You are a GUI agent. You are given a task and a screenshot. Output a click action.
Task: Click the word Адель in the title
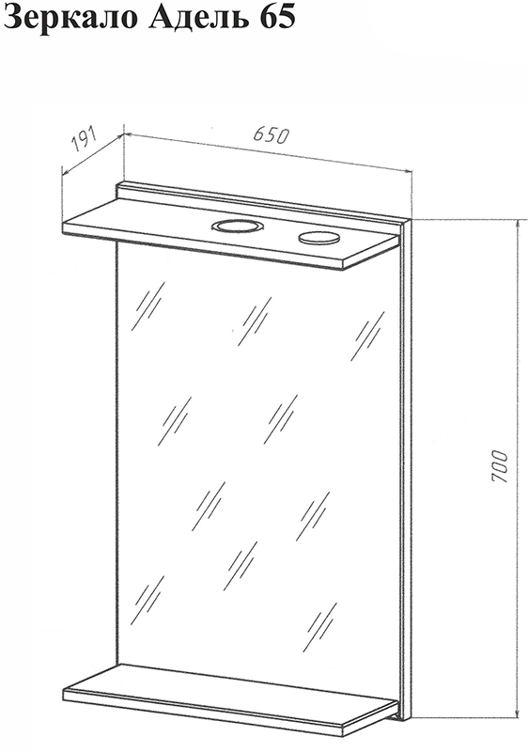tap(197, 18)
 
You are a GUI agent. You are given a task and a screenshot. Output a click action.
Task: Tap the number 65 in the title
tap(276, 17)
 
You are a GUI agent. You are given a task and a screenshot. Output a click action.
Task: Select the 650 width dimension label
tap(272, 135)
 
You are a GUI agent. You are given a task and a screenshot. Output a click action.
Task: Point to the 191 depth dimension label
tap(84, 139)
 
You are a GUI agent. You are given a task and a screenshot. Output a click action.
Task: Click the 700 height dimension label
tap(499, 466)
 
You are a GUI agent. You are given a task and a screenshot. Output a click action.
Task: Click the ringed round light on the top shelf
tap(237, 226)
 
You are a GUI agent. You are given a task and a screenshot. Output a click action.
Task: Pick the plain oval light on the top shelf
tap(319, 236)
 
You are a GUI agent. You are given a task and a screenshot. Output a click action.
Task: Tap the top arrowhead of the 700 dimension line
tap(518, 226)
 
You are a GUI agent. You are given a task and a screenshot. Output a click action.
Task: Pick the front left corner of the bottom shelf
tap(63, 689)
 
